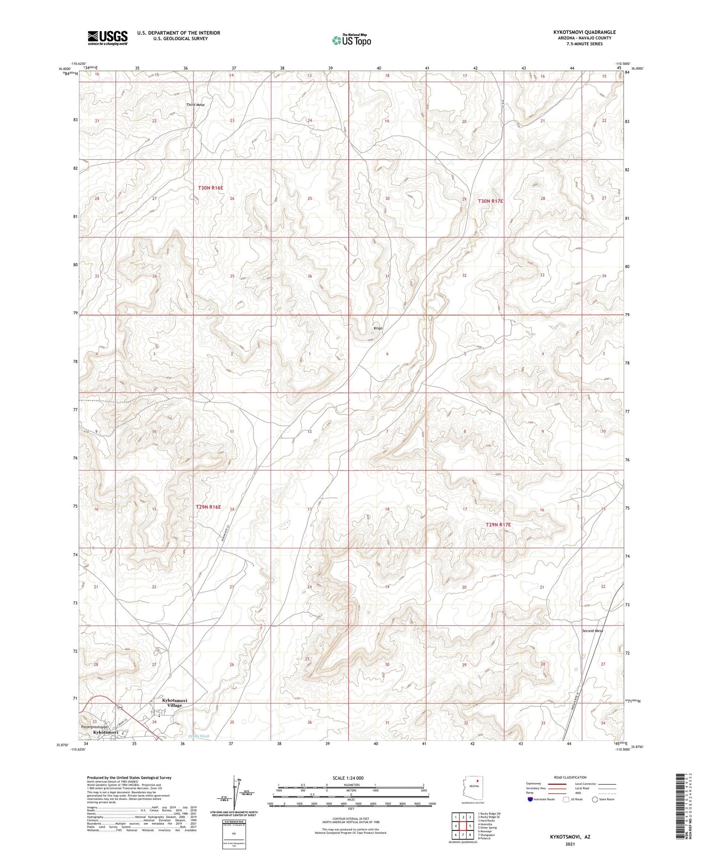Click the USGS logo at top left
(107, 37)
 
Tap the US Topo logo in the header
(352, 41)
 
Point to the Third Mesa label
(195, 105)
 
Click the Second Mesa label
(592, 630)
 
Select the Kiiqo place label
(378, 328)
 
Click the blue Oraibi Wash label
(198, 736)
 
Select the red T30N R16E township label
(210, 188)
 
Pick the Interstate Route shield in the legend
(530, 799)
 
